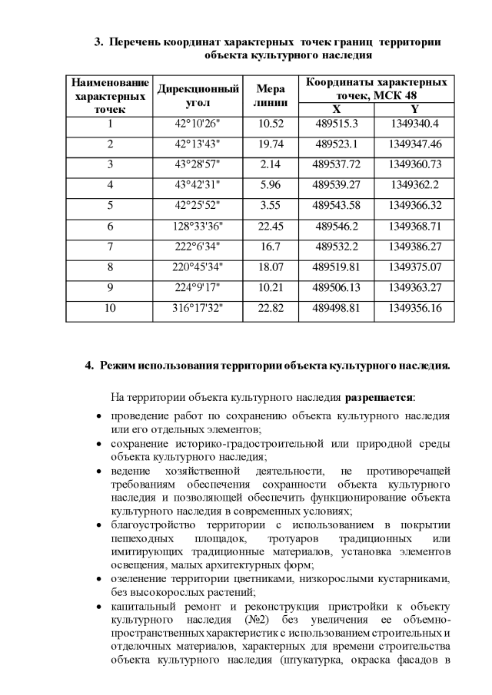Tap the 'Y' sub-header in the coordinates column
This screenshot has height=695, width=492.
[x=414, y=109]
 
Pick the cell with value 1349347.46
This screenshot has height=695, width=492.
[x=414, y=144]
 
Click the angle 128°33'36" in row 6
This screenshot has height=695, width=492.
[x=198, y=227]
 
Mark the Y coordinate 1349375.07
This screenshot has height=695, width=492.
[x=414, y=267]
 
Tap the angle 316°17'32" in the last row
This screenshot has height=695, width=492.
[x=198, y=309]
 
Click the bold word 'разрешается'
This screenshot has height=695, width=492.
[x=380, y=398]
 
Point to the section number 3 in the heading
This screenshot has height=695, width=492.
[x=98, y=41]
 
